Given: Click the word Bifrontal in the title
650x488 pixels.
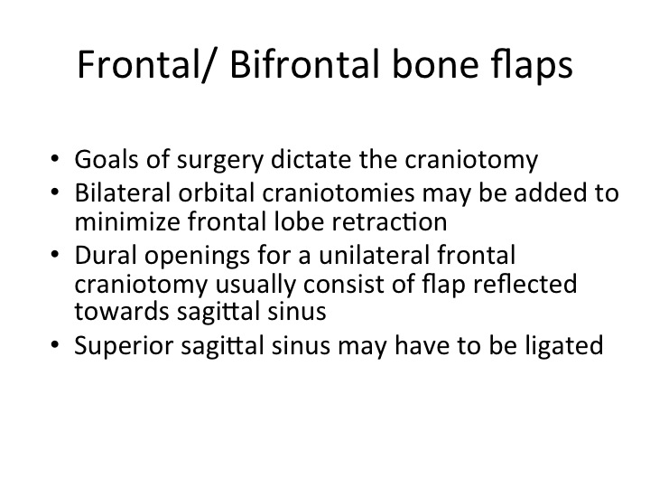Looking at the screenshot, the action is [304, 63].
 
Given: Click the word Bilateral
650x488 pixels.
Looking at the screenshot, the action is [123, 193].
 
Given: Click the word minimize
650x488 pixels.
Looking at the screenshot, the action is [127, 221].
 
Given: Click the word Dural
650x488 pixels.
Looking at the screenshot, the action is [106, 255].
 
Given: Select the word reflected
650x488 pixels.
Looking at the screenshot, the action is [525, 284].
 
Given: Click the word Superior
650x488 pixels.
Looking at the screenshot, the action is [124, 346].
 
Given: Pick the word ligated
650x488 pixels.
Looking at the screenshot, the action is [564, 346].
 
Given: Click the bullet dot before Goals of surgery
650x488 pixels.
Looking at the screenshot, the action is [55, 159].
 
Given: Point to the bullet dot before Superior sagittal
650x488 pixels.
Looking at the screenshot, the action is [55, 345].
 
